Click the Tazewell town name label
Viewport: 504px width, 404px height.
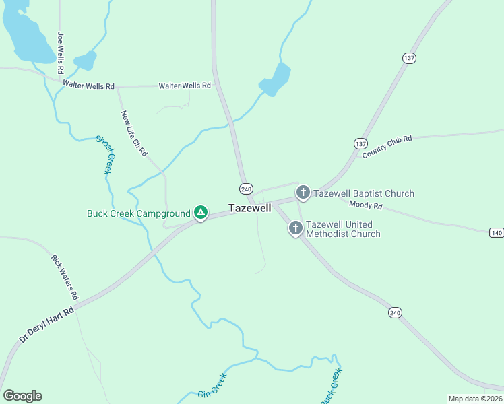point(250,208)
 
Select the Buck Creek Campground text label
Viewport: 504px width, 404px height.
point(139,214)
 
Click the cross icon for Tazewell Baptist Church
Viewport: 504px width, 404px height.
point(303,193)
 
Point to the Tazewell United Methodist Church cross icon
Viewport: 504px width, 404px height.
point(295,228)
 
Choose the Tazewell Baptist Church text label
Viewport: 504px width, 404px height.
point(364,194)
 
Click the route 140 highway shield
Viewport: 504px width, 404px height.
point(497,232)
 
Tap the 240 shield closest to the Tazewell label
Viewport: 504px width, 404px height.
point(246,189)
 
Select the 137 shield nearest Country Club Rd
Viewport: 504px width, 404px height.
point(360,144)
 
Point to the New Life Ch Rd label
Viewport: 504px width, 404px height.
point(134,133)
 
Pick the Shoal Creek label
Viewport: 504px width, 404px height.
point(105,155)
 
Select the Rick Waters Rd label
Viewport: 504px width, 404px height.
point(65,277)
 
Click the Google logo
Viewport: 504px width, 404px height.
point(22,396)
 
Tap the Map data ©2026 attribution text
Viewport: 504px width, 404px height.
point(475,399)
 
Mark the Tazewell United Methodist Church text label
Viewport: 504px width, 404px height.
point(343,229)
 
